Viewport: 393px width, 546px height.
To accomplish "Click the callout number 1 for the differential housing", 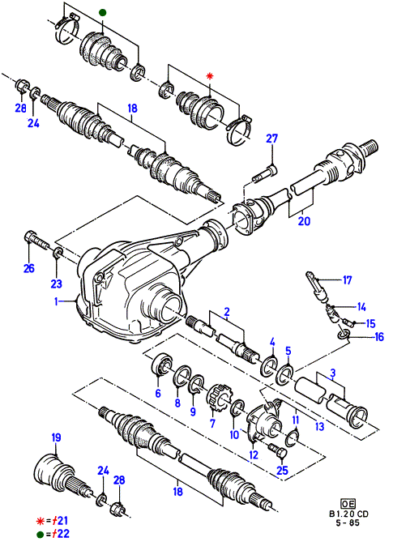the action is point(56,301).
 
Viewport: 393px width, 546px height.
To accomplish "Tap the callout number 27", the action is point(271,139).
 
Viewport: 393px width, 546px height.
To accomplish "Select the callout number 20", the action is point(304,221).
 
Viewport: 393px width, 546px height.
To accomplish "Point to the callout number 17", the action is point(348,280).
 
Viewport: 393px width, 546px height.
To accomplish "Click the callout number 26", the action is point(29,268).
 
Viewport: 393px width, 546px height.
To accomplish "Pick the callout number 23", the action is point(57,284).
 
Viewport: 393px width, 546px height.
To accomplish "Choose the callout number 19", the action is point(56,437).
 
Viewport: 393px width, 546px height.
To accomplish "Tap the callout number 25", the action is point(282,471).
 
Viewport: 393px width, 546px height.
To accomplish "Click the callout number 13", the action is point(319,426).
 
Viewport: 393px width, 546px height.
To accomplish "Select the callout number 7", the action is point(212,423).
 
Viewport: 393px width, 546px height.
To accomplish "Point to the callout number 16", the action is point(378,337).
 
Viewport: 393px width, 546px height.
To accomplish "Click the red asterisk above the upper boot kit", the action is point(209,76).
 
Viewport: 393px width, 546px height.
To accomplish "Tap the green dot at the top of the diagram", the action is point(102,13).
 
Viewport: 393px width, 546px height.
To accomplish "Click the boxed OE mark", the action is point(348,504).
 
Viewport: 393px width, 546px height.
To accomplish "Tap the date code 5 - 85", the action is point(348,523).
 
